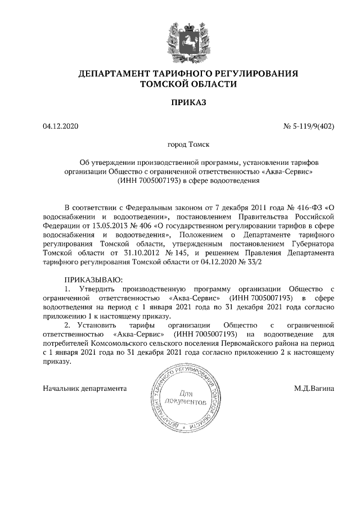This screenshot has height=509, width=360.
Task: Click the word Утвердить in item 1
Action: point(97,288)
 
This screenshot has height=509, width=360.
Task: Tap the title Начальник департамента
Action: point(84,388)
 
